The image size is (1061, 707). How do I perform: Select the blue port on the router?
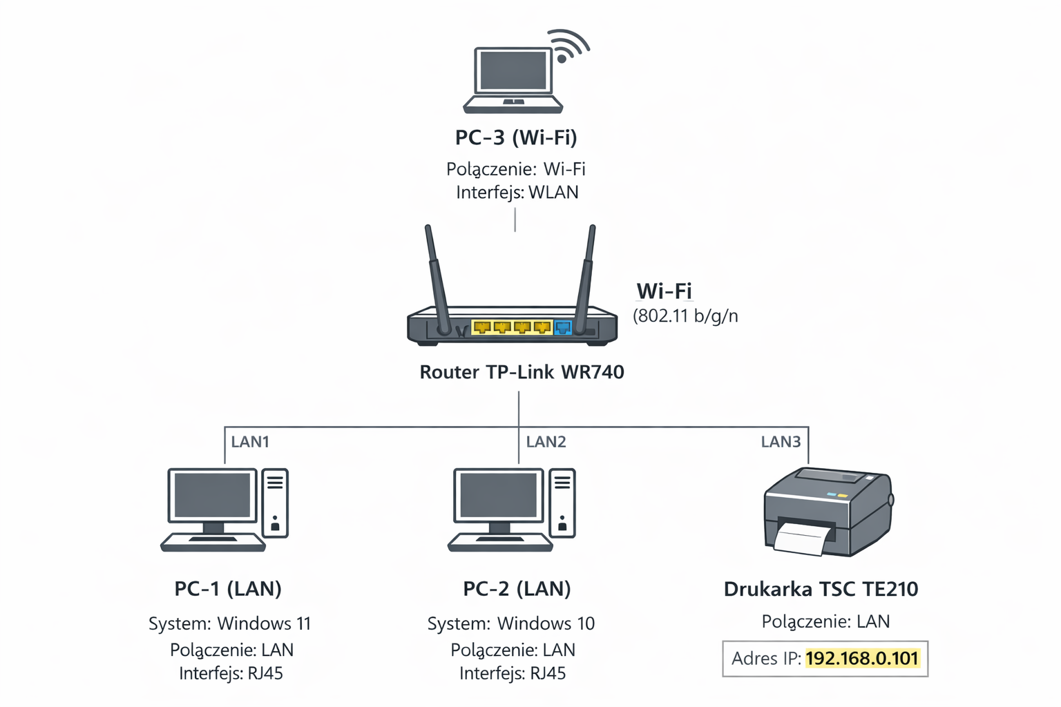563,327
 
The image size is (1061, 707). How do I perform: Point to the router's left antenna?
436,276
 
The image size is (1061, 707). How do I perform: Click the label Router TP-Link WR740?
522,372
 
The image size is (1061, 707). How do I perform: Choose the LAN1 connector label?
250,442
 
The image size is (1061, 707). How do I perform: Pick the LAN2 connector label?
546,442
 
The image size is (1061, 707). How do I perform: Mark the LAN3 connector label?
781,442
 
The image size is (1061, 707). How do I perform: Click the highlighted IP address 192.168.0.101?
862,658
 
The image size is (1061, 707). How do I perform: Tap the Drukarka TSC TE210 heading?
821,589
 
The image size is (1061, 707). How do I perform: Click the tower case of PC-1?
275,503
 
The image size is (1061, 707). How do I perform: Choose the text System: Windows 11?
229,623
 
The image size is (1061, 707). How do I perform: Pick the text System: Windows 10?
510,623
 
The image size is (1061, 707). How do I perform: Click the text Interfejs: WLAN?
517,192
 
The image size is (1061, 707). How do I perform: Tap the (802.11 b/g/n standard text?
685,316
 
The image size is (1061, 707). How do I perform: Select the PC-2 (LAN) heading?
517,589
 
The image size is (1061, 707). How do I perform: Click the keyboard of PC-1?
213,543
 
